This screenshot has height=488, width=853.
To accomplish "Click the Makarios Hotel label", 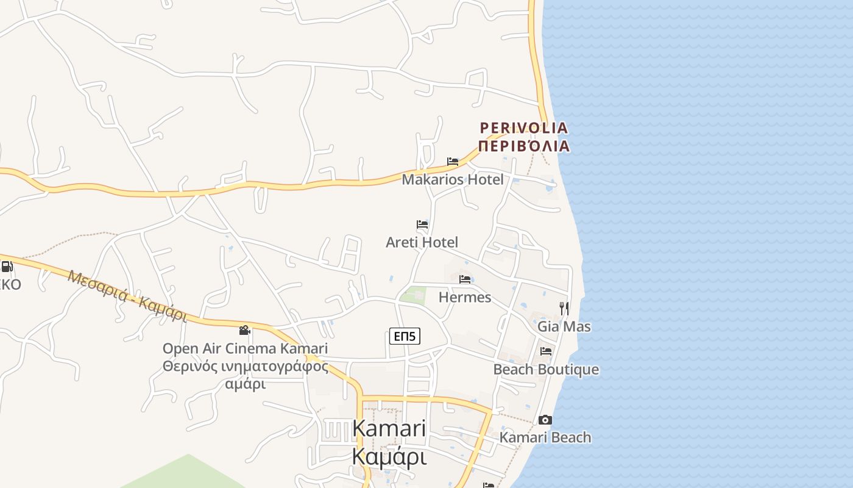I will [453, 179].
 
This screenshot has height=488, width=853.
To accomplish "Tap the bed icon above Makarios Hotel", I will [453, 162].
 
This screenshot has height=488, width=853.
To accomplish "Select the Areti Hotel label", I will [422, 242].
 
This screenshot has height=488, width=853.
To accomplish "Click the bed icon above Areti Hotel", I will [422, 224].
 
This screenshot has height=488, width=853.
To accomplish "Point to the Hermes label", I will [465, 297].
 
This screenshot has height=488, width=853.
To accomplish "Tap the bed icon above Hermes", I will [465, 279].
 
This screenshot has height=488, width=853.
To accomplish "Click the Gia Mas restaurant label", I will [564, 326].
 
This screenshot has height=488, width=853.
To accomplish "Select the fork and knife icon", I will [564, 308].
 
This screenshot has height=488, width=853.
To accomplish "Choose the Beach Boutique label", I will [546, 370].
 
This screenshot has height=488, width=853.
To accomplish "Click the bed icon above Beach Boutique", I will [546, 351].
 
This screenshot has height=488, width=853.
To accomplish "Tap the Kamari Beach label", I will [545, 437].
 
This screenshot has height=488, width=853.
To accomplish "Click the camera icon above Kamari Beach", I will [545, 420].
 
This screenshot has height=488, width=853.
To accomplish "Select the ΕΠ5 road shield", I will [405, 335].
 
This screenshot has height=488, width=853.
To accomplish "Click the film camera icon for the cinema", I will [245, 330].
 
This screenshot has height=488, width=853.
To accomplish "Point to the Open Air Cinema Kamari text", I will [245, 348].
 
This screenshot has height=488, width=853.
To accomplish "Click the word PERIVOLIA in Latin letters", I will [524, 127].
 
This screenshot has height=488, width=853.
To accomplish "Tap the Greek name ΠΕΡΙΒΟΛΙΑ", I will [524, 146].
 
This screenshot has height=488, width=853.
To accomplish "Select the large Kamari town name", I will [389, 428].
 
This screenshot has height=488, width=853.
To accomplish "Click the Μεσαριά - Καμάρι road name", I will [127, 296].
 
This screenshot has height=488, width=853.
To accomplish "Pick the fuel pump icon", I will [7, 266].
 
